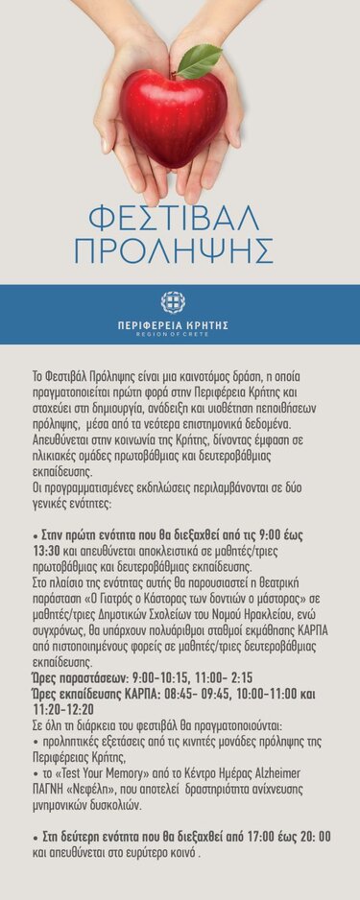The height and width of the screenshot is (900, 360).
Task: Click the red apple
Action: tap(173, 116)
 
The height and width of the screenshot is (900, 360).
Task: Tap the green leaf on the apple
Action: tap(201, 60)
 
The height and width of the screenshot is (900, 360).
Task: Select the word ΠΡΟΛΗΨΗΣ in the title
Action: tap(174, 251)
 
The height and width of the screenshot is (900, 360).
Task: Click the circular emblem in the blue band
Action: tap(173, 302)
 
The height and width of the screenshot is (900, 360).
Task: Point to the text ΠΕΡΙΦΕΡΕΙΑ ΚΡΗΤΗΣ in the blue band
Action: tap(173, 325)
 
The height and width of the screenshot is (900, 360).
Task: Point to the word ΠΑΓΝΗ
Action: tap(54, 788)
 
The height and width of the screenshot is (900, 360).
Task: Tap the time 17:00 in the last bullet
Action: tap(247, 837)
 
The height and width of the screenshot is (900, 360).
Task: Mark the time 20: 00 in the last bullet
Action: tap(312, 837)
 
